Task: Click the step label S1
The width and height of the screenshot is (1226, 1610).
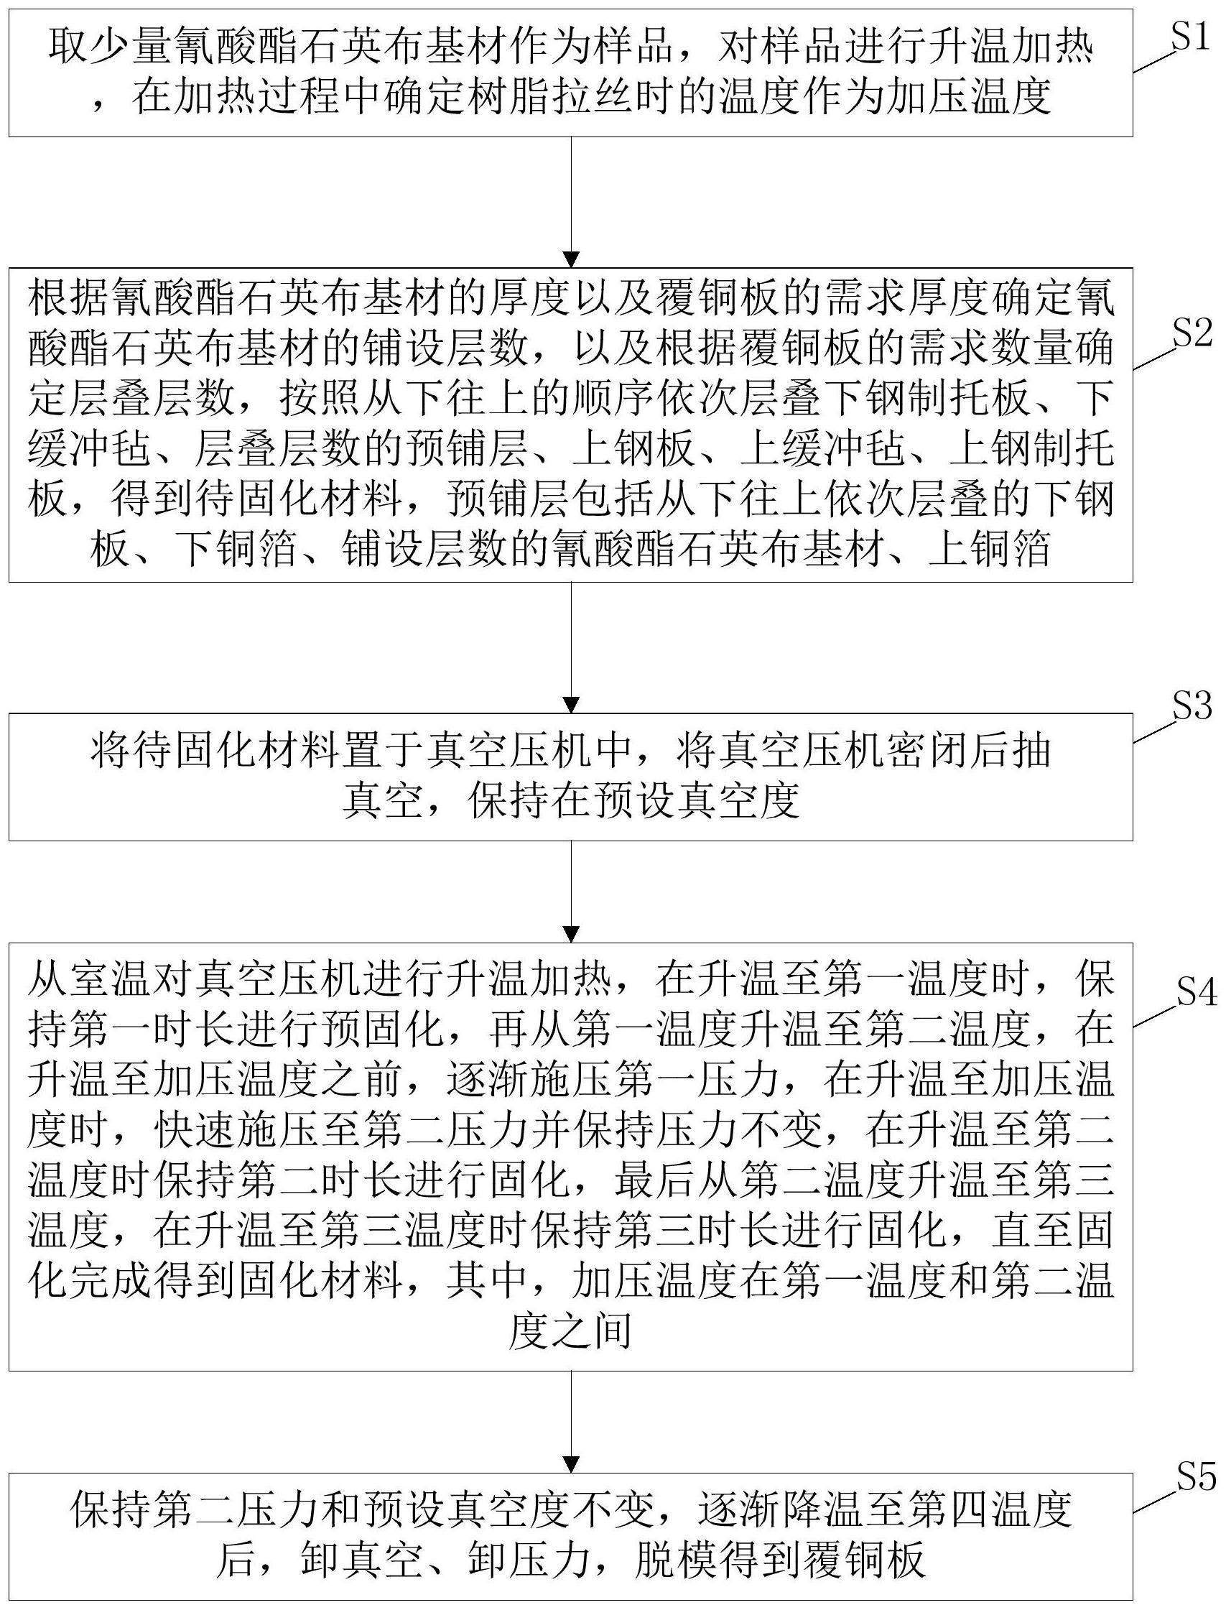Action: (x=1190, y=37)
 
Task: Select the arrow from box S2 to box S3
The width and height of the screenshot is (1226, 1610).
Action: (x=572, y=647)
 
